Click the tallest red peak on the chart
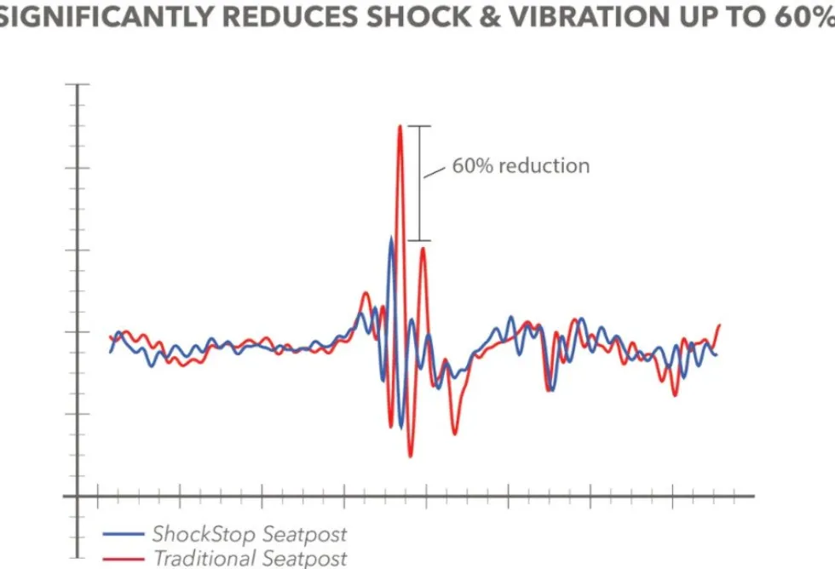[x=400, y=126]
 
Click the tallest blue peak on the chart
[x=391, y=238]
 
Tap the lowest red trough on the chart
[x=410, y=456]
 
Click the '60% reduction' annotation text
[x=521, y=166]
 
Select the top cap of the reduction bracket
[x=419, y=126]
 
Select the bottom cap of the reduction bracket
[x=419, y=240]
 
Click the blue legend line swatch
[x=124, y=534]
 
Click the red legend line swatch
[x=124, y=559]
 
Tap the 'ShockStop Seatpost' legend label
[x=250, y=534]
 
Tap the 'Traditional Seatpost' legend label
[x=250, y=559]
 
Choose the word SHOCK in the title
[x=418, y=16]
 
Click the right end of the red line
[x=720, y=325]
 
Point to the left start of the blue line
[x=110, y=353]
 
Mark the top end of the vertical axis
[x=78, y=84]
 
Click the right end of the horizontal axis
[x=754, y=496]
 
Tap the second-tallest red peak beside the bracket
[x=423, y=249]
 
